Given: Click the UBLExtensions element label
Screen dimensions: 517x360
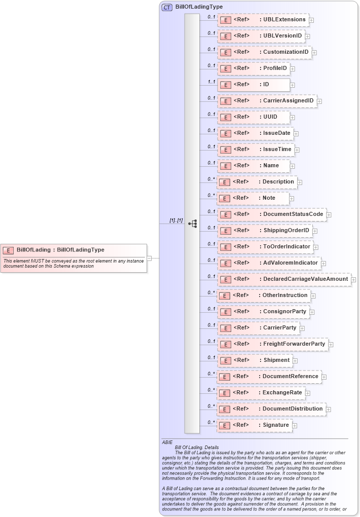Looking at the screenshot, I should tap(284, 20).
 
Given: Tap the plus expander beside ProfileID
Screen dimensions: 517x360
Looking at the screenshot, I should tap(293, 68).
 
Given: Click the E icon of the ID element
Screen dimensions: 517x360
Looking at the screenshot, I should tap(225, 85).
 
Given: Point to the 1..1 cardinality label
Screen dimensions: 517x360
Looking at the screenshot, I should tap(211, 82).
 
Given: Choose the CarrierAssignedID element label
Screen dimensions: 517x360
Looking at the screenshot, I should tap(288, 101).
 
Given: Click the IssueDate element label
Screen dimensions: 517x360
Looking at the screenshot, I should tap(276, 133).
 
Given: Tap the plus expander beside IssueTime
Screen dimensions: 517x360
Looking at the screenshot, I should tap(297, 150).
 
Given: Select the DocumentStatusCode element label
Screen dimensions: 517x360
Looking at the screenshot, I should tap(293, 214).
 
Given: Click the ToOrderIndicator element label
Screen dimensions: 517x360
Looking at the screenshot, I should tap(286, 247).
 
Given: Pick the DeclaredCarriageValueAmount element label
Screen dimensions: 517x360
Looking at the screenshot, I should tap(305, 279).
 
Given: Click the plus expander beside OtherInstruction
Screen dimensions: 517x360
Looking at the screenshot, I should tap(313, 296).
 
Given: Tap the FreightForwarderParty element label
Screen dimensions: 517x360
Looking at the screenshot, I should tap(294, 344).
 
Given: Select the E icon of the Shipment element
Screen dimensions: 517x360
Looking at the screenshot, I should tap(225, 360).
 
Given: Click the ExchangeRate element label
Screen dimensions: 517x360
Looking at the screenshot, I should tap(282, 393).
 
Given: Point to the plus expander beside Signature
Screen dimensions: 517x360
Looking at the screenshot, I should tap(295, 425).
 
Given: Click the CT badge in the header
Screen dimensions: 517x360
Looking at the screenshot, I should tap(167, 8).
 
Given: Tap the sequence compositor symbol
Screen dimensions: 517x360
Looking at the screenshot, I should tap(192, 224).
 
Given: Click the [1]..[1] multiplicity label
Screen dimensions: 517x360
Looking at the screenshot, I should tap(176, 220).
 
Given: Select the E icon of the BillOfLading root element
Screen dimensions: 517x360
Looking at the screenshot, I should tap(8, 250).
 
